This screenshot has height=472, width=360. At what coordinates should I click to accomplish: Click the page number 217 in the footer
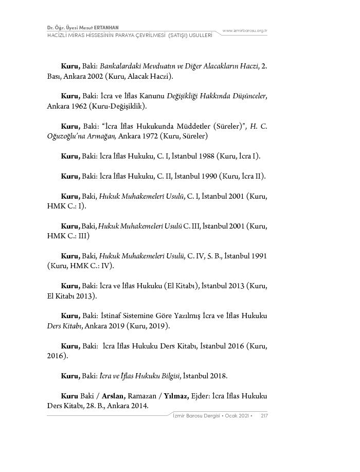(x=264, y=415)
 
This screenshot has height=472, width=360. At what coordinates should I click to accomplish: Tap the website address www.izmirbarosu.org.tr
(x=245, y=31)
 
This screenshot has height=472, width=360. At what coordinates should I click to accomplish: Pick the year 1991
(x=257, y=256)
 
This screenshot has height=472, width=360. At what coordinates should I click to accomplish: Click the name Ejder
(x=202, y=396)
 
